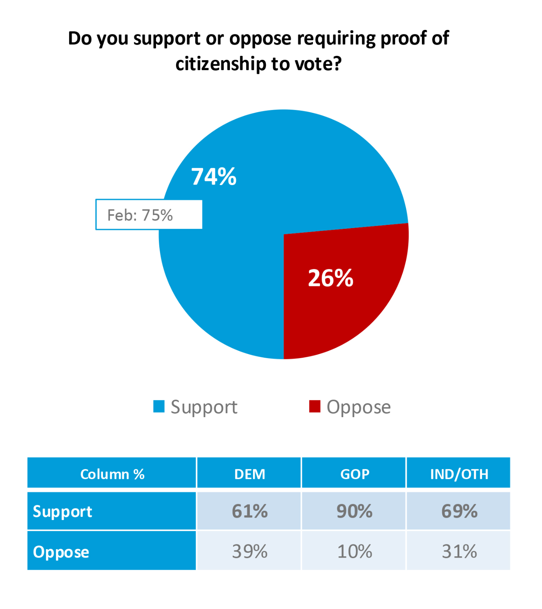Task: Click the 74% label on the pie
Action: [214, 177]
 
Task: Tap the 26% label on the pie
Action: [330, 278]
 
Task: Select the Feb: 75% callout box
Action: [149, 215]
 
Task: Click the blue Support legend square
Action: [159, 406]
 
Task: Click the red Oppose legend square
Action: [315, 406]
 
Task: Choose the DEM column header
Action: [249, 474]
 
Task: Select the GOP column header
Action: [354, 474]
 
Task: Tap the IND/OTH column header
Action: [459, 474]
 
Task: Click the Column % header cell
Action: [112, 474]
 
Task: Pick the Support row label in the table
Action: [63, 512]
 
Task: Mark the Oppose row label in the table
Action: [61, 552]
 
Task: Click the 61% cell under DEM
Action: [249, 511]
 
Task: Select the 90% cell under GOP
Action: [354, 511]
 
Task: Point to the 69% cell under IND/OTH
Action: [459, 511]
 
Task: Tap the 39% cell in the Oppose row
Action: [249, 552]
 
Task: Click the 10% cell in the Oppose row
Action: [354, 552]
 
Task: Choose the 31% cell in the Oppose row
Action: [459, 552]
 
